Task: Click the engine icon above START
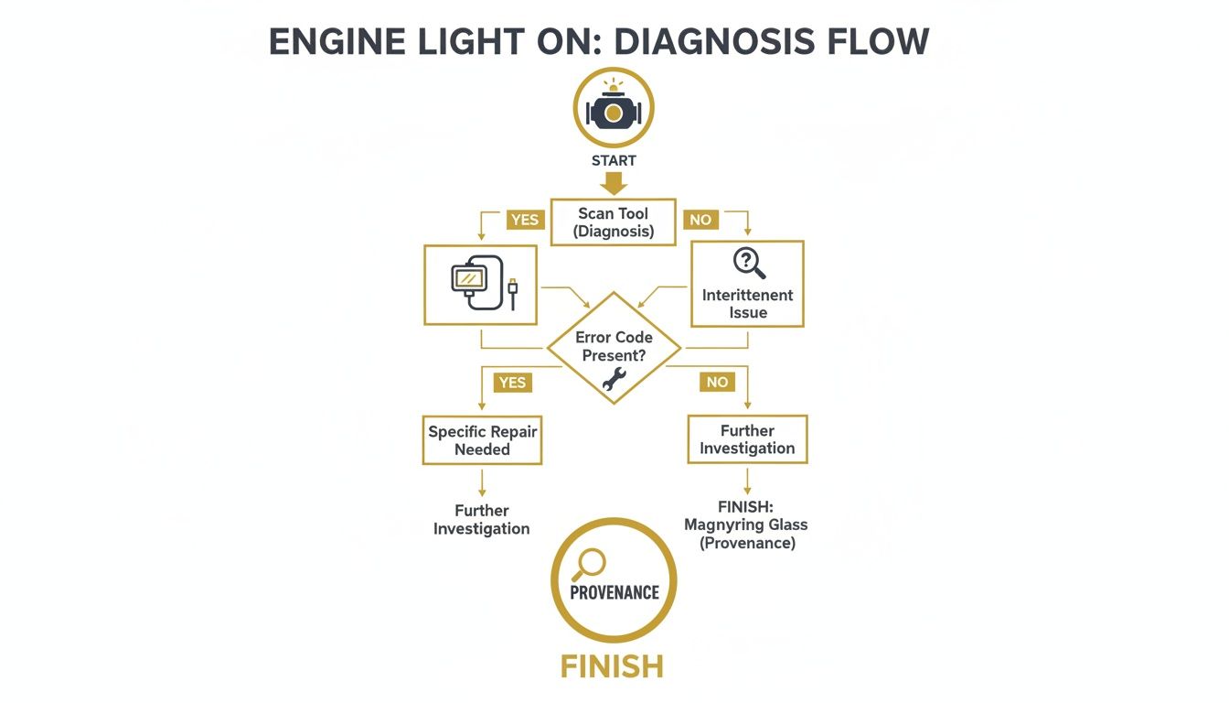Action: [613, 109]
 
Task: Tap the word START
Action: [613, 160]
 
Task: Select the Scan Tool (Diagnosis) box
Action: [613, 222]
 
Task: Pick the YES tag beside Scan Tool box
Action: [525, 220]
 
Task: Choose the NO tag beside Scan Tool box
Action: [700, 220]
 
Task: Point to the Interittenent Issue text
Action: [747, 304]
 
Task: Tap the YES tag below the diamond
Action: [512, 382]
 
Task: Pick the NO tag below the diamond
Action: [717, 382]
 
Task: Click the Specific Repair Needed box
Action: [482, 440]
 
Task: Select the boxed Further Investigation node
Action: [747, 439]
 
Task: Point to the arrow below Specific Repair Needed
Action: [482, 482]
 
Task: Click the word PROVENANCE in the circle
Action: [614, 592]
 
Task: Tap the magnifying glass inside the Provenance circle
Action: [586, 563]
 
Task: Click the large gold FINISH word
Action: [612, 666]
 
